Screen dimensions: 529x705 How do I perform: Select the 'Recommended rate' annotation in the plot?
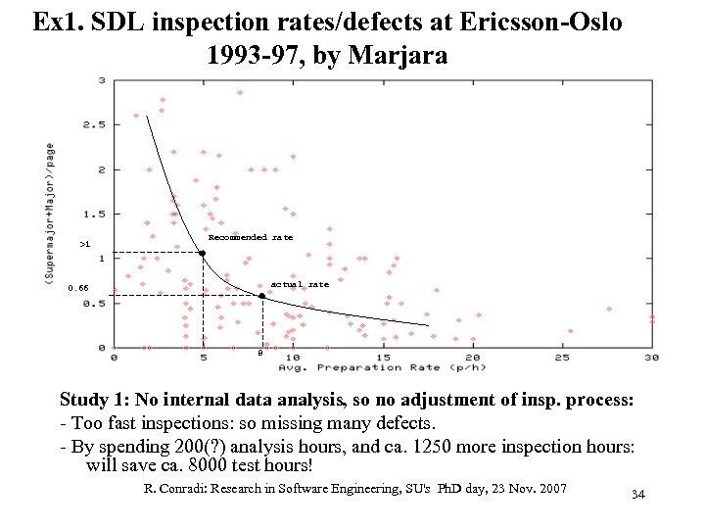click(x=251, y=237)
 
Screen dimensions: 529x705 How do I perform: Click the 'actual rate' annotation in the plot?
click(x=300, y=284)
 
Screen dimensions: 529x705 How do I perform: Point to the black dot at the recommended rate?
click(x=203, y=254)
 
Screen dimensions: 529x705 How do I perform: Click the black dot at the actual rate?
click(x=261, y=295)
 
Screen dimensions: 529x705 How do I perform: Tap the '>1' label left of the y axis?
click(x=85, y=243)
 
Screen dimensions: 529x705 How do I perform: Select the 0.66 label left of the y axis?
click(x=78, y=289)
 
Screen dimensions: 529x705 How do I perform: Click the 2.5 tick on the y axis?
click(x=95, y=124)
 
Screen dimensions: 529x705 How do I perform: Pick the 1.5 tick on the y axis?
click(x=95, y=214)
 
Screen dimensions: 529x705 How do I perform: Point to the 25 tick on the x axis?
click(x=562, y=358)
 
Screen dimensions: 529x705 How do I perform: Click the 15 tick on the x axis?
click(x=383, y=358)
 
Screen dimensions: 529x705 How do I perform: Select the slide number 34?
click(x=637, y=496)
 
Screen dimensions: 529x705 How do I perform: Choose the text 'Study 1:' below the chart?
click(x=94, y=401)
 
